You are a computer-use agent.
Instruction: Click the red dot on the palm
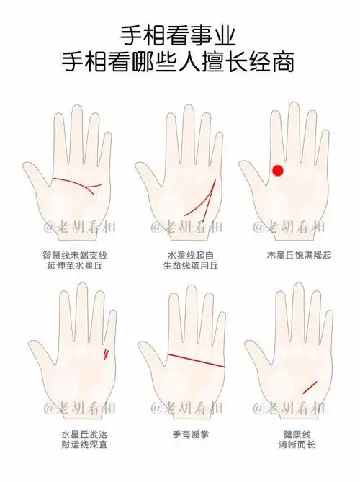pos(277,170)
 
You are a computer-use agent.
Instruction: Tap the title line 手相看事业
pos(180,34)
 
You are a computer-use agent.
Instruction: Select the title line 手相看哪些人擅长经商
pos(180,61)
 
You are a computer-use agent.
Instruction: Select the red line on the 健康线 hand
pos(310,387)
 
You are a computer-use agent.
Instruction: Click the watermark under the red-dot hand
pos(288,228)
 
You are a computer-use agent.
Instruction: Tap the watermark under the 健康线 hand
pos(288,408)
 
